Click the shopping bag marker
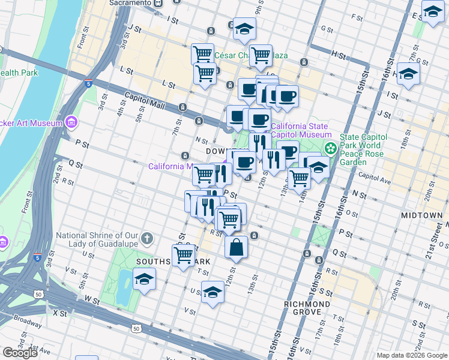[x=237, y=247]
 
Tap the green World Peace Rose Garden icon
[x=330, y=148]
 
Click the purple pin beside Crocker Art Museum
[x=72, y=123]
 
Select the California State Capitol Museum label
[x=300, y=131]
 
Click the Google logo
[x=20, y=353]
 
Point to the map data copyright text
[x=412, y=355]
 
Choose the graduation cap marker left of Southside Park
[x=144, y=280]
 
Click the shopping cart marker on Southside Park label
[x=183, y=255]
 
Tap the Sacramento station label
[x=130, y=3]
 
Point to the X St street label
[x=59, y=313]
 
